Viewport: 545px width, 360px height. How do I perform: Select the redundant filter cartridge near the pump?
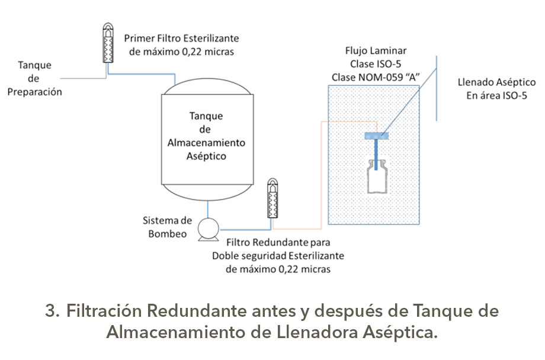pos(273,198)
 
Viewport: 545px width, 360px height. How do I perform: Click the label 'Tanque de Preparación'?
pos(35,78)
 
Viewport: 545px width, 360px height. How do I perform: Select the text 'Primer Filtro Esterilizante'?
pos(181,38)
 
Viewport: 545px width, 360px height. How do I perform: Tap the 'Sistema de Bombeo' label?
pos(168,227)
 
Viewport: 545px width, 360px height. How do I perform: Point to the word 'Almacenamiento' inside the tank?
pos(206,143)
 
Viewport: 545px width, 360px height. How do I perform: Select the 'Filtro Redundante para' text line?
pos(278,243)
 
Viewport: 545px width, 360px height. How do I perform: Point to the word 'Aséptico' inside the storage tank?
pos(206,156)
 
